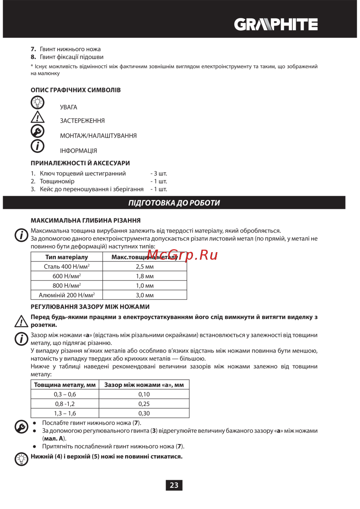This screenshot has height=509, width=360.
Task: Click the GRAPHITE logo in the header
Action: pos(276,24)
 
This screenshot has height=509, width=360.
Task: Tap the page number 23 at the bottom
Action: pos(174,485)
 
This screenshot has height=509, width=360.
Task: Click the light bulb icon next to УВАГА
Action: pos(37,103)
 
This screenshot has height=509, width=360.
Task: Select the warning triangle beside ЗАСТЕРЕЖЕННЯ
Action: pos(37,117)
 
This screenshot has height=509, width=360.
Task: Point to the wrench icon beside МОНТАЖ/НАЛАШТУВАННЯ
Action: pos(37,131)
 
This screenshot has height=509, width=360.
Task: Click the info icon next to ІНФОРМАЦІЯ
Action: pos(37,146)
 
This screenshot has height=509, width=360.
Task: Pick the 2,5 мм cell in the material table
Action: pos(145,267)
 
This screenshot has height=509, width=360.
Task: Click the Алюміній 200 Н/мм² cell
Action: pos(67,295)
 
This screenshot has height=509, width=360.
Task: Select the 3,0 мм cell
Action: pos(145,295)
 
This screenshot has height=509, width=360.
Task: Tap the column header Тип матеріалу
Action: pos(67,257)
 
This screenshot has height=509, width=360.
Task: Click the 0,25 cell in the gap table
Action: pos(144,404)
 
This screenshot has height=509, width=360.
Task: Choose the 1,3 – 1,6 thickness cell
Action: pos(65,413)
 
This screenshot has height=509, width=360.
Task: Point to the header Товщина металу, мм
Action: pos(65,385)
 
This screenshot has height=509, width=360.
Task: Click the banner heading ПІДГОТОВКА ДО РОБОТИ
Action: pos(174,203)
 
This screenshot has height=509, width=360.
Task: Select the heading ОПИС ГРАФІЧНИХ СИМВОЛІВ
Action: pos(76,90)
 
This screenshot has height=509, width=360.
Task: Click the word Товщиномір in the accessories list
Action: pos(57,181)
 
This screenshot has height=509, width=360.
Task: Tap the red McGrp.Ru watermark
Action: pos(182,255)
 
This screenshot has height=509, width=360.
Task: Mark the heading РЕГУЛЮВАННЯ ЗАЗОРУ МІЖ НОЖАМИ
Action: pos(90,307)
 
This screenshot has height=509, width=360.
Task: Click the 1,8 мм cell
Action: pos(145,276)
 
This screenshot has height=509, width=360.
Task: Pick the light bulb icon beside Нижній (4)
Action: pos(21,459)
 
